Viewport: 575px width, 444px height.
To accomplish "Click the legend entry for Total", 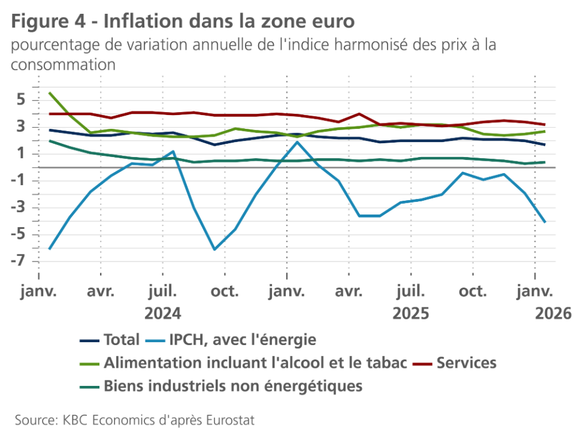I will pyautogui.click(x=121, y=340).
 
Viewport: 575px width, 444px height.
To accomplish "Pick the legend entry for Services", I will pyautogui.click(x=467, y=363).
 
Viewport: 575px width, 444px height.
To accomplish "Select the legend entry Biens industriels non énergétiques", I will pyautogui.click(x=233, y=385).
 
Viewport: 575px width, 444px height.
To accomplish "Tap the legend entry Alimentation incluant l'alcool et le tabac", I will pyautogui.click(x=255, y=363).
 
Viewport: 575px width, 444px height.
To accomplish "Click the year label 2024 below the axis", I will pyautogui.click(x=163, y=313).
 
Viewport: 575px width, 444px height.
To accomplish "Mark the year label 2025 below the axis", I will pyautogui.click(x=410, y=313).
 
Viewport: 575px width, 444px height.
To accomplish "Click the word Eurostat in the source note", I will pyautogui.click(x=230, y=420).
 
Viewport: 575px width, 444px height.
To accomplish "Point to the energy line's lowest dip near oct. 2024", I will pyautogui.click(x=214, y=249).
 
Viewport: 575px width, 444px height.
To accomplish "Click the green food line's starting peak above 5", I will pyautogui.click(x=50, y=93).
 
